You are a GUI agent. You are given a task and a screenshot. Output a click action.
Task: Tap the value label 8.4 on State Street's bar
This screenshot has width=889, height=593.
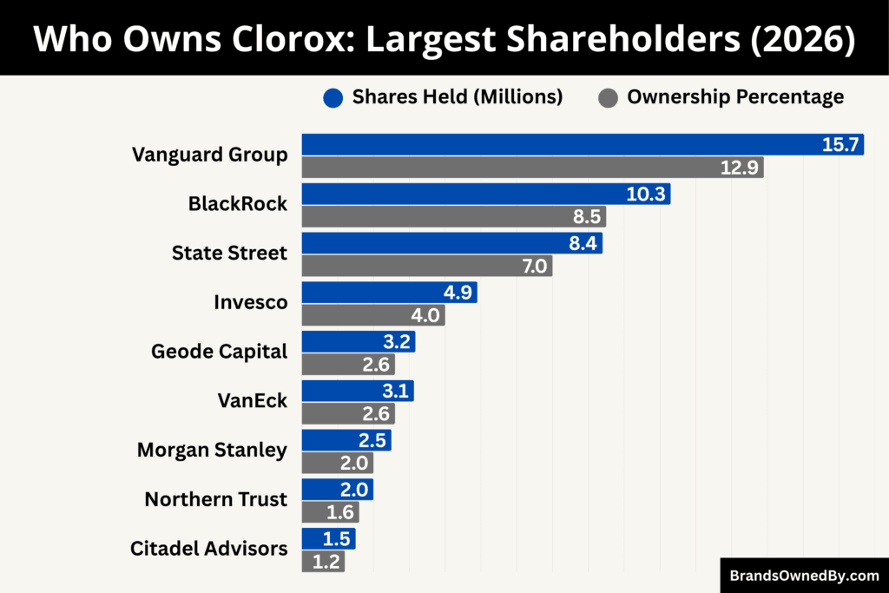click(582, 244)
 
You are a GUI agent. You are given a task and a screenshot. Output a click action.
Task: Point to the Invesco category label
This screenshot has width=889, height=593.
click(250, 302)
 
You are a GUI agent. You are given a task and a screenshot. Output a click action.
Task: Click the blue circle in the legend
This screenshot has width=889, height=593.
click(333, 97)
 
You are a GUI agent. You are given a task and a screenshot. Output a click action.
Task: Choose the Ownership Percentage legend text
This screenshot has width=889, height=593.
click(735, 97)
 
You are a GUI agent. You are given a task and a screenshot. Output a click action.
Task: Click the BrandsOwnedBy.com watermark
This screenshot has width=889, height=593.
click(804, 575)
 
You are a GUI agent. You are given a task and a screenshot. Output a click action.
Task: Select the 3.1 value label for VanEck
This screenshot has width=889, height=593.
click(397, 392)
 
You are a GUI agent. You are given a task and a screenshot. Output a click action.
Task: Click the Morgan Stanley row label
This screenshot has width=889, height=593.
click(212, 450)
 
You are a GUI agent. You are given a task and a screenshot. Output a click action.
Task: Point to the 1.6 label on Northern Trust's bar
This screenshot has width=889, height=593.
click(342, 512)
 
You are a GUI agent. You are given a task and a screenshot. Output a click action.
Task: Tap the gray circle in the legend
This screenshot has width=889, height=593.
click(609, 97)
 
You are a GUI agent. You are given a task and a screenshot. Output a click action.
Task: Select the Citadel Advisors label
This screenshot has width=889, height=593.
click(208, 549)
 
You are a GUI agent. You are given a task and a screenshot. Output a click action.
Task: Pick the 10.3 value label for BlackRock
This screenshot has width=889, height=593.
click(646, 194)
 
